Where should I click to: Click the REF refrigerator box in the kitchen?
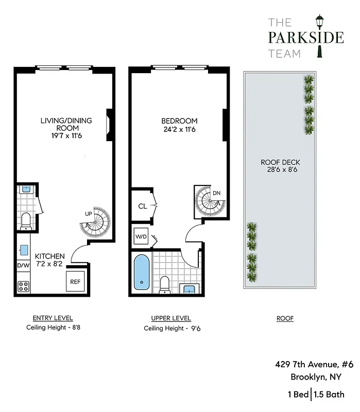point(75,282)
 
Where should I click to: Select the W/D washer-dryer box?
point(141,236)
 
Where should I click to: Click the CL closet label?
point(143,207)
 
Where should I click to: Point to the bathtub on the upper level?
point(140,271)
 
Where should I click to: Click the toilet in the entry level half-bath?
point(25,220)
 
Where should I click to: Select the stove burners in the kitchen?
point(23,286)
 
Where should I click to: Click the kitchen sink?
point(24,250)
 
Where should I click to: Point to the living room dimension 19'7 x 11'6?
point(66,135)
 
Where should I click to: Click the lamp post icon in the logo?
point(320,35)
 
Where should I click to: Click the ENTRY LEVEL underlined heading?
point(53,318)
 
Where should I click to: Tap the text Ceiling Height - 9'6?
point(172,328)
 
